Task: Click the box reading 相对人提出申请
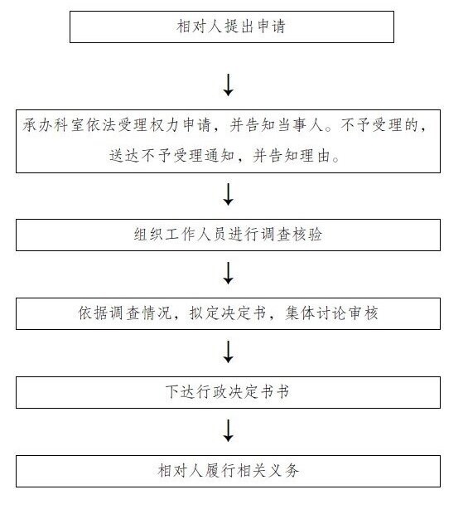pyautogui.click(x=232, y=27)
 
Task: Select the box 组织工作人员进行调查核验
pyautogui.click(x=228, y=235)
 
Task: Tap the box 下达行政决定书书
pyautogui.click(x=228, y=392)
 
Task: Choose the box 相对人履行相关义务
pyautogui.click(x=228, y=472)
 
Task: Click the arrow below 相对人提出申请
pyautogui.click(x=229, y=85)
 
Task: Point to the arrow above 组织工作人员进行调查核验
pyautogui.click(x=229, y=195)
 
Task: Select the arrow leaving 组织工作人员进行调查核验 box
pyautogui.click(x=229, y=274)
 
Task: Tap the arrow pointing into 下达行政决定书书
pyautogui.click(x=229, y=351)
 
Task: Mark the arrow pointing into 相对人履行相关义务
pyautogui.click(x=229, y=431)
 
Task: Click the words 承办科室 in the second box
pyautogui.click(x=54, y=125)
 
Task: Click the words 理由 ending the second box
pyautogui.click(x=316, y=156)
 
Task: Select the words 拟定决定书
pyautogui.click(x=228, y=313)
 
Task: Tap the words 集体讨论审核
pyautogui.click(x=332, y=313)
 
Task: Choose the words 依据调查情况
pyautogui.click(x=124, y=313)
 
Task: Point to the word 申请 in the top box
pyautogui.click(x=272, y=27)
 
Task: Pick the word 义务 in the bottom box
pyautogui.click(x=284, y=470)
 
